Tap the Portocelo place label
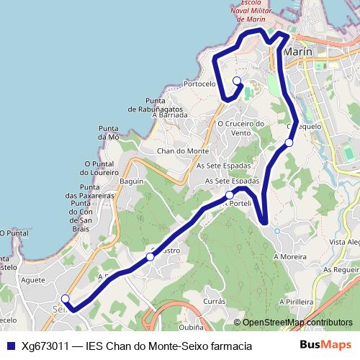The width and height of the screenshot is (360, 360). (199, 84)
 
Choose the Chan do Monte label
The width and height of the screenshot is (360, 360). (183, 150)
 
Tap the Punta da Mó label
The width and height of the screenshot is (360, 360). (108, 132)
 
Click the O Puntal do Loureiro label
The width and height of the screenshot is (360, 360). (99, 168)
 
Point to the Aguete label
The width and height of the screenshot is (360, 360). (34, 279)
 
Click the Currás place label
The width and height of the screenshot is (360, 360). (215, 301)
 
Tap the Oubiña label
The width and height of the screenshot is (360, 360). (191, 326)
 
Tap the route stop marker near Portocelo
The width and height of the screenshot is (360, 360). (236, 81)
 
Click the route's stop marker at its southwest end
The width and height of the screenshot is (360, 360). (65, 299)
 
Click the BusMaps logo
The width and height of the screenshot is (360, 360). (325, 346)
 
